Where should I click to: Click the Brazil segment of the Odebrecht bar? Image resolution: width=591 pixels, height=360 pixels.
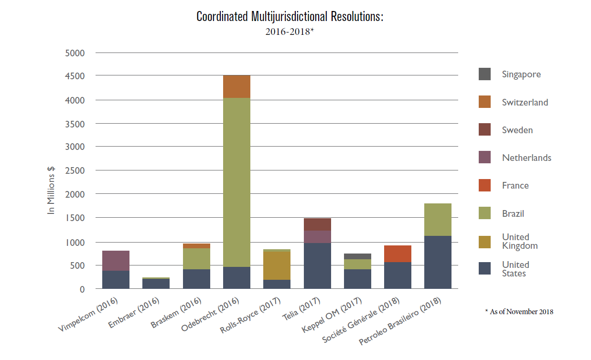click(236, 181)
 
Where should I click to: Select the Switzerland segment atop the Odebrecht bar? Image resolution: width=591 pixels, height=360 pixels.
click(236, 86)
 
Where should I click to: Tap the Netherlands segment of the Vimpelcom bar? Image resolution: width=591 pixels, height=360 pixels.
click(116, 261)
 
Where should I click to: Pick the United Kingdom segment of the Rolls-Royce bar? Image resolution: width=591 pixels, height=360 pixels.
click(277, 265)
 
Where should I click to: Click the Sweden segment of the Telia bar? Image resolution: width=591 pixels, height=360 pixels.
click(317, 224)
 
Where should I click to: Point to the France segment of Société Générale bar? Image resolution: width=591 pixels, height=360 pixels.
click(398, 254)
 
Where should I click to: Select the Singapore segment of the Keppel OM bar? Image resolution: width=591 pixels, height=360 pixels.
click(357, 256)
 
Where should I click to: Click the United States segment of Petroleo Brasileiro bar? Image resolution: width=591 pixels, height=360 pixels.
click(438, 262)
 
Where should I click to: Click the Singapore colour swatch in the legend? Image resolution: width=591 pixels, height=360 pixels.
click(484, 74)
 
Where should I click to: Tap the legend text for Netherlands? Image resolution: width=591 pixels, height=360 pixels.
click(527, 158)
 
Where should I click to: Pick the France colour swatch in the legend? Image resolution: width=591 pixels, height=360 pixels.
click(484, 185)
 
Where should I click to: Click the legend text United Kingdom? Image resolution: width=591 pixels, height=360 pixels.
click(519, 242)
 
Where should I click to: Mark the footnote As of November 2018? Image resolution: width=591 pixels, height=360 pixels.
click(521, 312)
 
